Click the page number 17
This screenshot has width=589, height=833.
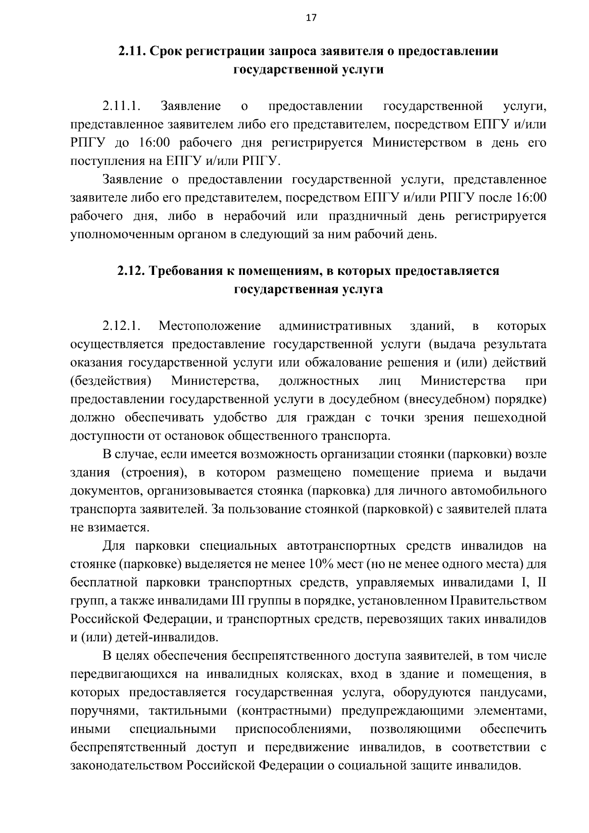tap(311, 18)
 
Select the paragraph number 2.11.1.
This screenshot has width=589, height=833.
tap(122, 106)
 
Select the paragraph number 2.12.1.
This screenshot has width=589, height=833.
tap(122, 326)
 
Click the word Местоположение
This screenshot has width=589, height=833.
tap(210, 326)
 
